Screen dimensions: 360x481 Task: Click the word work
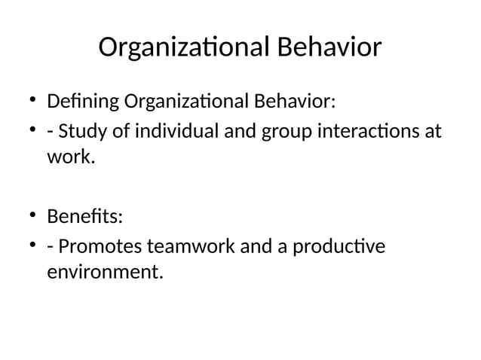point(70,159)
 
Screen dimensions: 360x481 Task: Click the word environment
point(103,272)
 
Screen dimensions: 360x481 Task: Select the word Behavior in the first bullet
point(294,101)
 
